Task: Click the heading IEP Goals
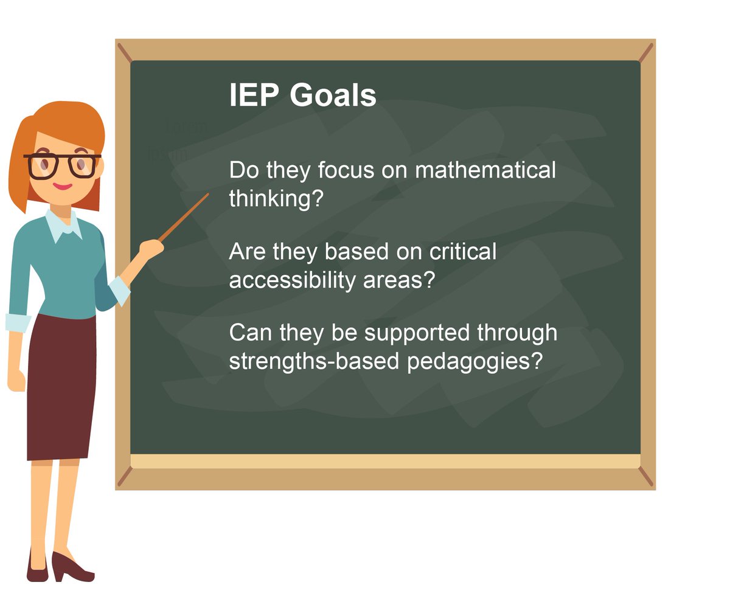point(302,95)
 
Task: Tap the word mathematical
point(485,170)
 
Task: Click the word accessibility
point(293,282)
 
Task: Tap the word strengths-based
point(314,362)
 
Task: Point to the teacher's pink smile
point(63,185)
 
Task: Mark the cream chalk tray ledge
point(384,461)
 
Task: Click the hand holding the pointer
point(150,248)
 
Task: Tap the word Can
point(250,333)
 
